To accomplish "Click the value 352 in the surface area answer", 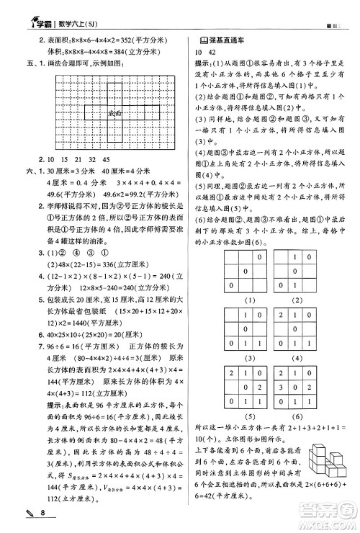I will coord(110,42).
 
